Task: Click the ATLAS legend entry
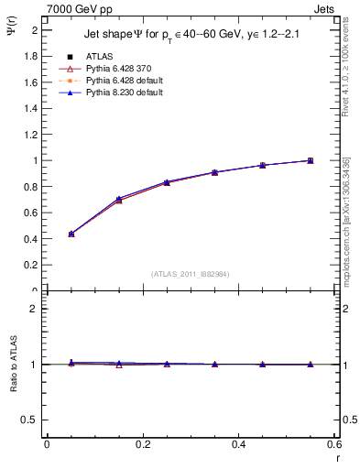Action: coord(99,56)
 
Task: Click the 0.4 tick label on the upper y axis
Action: coord(31,239)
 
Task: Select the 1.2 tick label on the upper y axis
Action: coord(31,135)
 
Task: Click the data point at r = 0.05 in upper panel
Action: coord(71,234)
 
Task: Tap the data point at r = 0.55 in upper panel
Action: coord(311,160)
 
